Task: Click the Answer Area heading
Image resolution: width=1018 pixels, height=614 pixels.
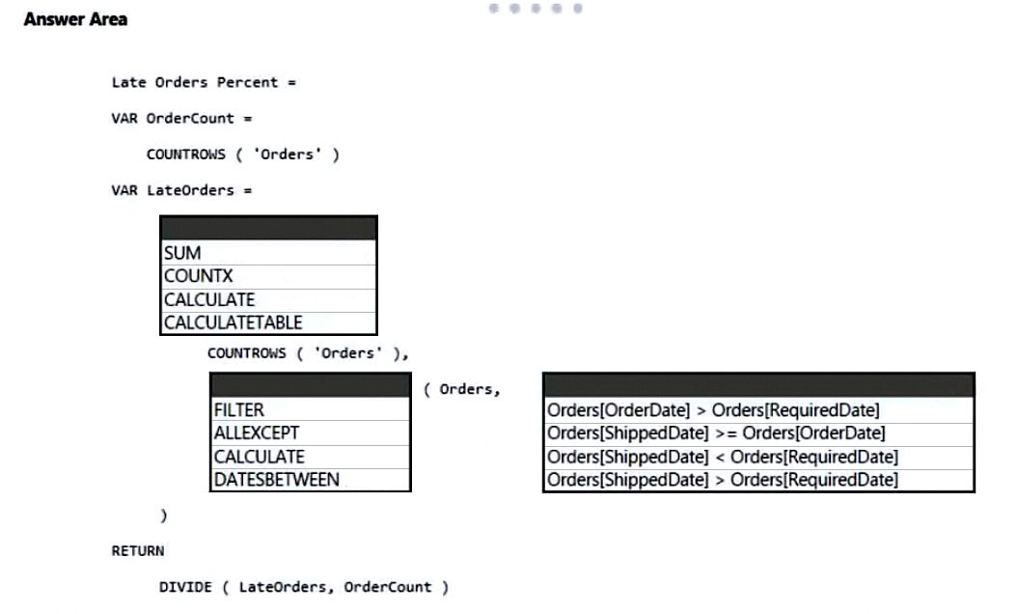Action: [x=75, y=19]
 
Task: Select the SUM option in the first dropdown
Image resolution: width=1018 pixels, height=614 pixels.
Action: [x=182, y=253]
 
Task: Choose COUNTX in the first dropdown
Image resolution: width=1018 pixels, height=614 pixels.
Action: [x=198, y=276]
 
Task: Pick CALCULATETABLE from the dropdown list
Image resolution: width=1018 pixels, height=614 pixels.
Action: [x=234, y=322]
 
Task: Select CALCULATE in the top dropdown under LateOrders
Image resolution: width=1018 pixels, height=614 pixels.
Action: [x=209, y=299]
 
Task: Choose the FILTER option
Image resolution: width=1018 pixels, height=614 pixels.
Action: [x=239, y=410]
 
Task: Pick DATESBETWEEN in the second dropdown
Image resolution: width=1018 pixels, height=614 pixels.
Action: [x=277, y=480]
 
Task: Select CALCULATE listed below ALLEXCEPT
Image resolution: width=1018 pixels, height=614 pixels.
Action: [x=259, y=457]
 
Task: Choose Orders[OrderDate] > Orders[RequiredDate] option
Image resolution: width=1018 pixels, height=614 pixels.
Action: [x=713, y=410]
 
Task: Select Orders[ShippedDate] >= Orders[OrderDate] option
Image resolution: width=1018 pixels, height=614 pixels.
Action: [x=716, y=433]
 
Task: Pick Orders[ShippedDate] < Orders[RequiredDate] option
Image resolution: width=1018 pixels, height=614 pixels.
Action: [x=723, y=457]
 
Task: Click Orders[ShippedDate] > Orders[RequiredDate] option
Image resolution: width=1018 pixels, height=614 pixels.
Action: [x=723, y=480]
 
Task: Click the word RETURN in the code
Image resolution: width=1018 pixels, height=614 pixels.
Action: [x=138, y=551]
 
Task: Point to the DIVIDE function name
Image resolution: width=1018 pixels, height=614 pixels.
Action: [x=185, y=587]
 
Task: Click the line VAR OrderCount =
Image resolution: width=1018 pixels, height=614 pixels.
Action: [x=181, y=118]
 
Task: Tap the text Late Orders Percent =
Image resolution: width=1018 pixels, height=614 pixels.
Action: [x=204, y=82]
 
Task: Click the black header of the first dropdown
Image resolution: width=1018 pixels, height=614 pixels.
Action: [x=268, y=228]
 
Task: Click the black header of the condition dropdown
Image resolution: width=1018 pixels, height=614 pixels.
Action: [x=758, y=385]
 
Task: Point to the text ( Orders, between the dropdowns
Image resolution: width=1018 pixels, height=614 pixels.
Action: [x=461, y=389]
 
